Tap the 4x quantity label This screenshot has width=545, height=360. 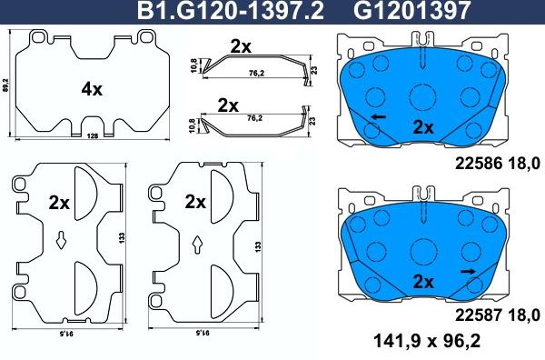tap(91, 89)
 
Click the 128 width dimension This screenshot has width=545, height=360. tap(92, 136)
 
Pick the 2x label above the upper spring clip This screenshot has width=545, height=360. tap(241, 45)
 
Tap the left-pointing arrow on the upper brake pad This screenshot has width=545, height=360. tap(376, 117)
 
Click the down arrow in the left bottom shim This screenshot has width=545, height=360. tap(60, 241)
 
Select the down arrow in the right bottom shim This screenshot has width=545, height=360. tap(198, 243)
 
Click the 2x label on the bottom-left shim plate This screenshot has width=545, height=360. tap(59, 202)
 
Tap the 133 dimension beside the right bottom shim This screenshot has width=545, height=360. tap(262, 245)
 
